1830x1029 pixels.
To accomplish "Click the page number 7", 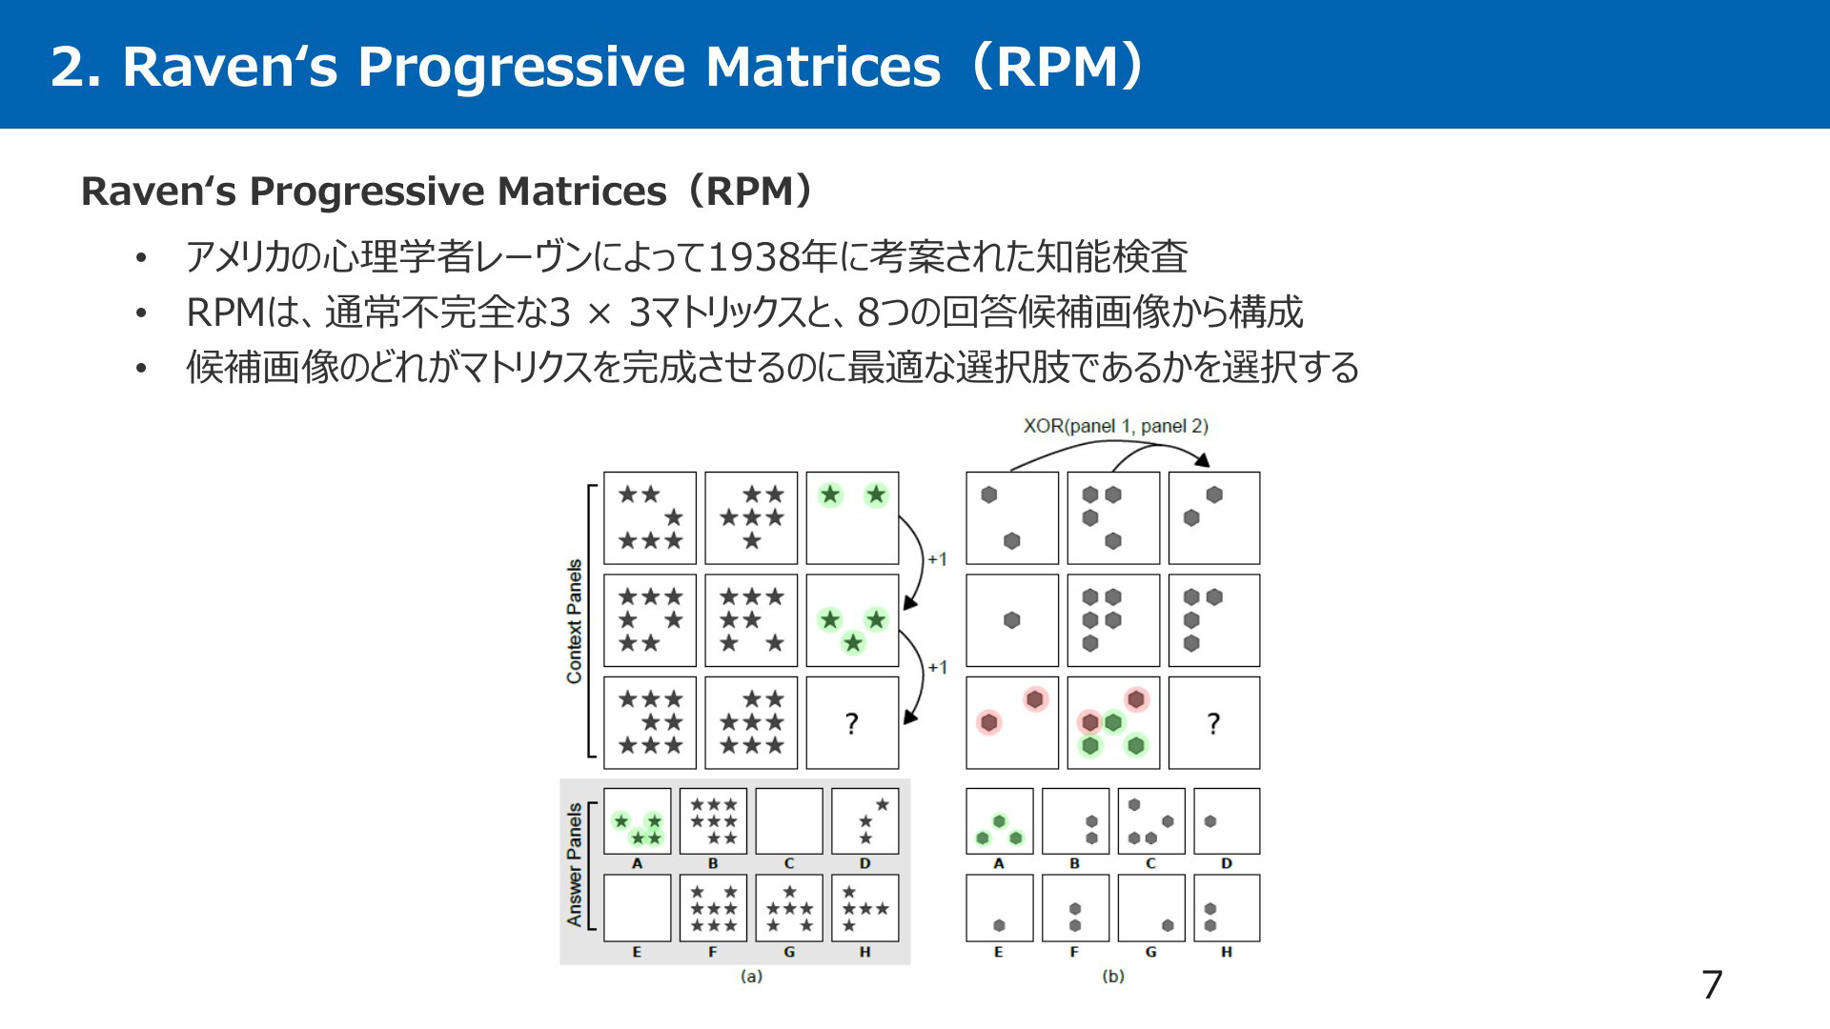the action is click(1712, 984).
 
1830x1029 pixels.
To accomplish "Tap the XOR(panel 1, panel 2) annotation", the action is click(1115, 426).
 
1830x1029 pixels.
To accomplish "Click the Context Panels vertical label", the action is click(574, 621).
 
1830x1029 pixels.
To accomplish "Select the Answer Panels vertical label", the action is click(574, 864).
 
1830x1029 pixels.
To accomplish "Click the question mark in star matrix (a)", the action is click(852, 724).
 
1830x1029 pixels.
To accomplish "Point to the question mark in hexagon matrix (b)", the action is click(1213, 724).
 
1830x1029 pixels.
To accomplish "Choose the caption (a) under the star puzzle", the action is click(751, 976).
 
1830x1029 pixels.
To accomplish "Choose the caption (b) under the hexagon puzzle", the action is click(1112, 976).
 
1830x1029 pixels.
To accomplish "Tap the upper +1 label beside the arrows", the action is click(937, 559).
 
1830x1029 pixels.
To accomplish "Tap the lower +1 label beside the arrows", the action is click(937, 667).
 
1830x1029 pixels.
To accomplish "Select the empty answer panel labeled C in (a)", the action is click(789, 821).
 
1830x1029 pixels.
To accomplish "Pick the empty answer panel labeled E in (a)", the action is click(637, 908).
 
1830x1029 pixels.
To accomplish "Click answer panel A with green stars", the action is click(637, 821).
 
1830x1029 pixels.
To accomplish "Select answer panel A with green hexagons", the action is click(999, 821).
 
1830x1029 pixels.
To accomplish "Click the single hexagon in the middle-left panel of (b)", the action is click(1012, 620).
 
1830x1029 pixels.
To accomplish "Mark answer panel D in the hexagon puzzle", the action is click(1227, 821).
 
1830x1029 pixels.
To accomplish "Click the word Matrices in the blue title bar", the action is click(823, 67).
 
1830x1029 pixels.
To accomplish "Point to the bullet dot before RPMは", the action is click(142, 313).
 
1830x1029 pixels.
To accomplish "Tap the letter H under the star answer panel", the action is click(864, 952).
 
